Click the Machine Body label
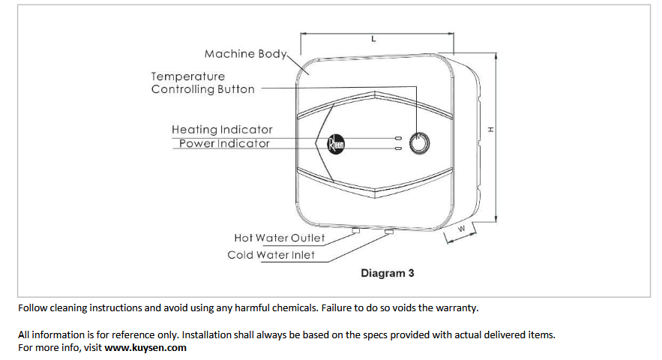click(245, 54)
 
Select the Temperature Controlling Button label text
click(202, 82)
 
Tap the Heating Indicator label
click(222, 130)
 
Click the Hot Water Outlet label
click(279, 238)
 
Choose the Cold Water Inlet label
click(271, 255)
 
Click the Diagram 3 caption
click(387, 273)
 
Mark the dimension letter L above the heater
click(373, 39)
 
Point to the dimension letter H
click(492, 130)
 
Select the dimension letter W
click(462, 228)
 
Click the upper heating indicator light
click(398, 138)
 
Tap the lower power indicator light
click(398, 148)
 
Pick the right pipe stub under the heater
click(388, 232)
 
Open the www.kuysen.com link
click(145, 347)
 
